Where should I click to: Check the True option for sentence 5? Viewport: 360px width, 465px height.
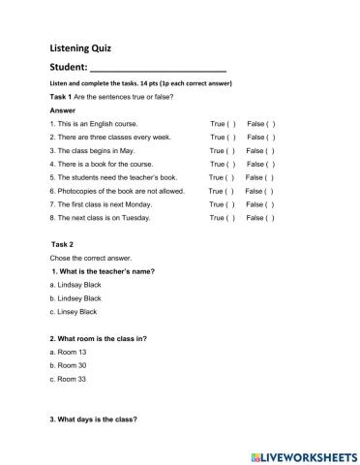(229, 178)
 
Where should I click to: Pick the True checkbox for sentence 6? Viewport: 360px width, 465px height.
(228, 192)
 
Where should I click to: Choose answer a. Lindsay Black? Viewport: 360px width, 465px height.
(75, 285)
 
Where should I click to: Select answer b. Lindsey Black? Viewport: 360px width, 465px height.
(75, 298)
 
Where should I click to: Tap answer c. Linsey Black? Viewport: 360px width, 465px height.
(73, 312)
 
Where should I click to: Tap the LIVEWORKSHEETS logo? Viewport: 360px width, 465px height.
(303, 453)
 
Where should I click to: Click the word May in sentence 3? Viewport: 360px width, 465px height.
(127, 152)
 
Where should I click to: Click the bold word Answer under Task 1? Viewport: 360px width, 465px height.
(62, 111)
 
